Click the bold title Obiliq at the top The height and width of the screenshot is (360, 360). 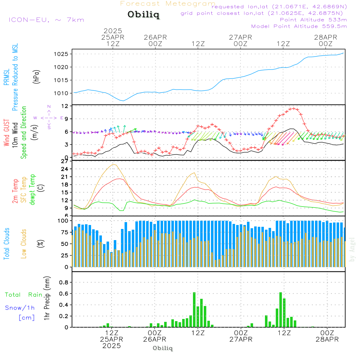pyautogui.click(x=143, y=15)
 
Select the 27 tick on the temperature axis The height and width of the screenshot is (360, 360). pyautogui.click(x=65, y=161)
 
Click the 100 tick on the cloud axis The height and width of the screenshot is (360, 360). pyautogui.click(x=63, y=220)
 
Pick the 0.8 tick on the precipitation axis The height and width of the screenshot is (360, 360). pyautogui.click(x=64, y=282)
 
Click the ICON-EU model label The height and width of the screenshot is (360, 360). pyautogui.click(x=46, y=20)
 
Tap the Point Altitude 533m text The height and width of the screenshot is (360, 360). pyautogui.click(x=313, y=20)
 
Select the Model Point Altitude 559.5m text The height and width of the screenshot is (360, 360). pyautogui.click(x=299, y=26)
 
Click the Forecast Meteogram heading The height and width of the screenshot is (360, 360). pyautogui.click(x=168, y=4)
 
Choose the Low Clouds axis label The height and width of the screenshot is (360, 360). pyautogui.click(x=24, y=244)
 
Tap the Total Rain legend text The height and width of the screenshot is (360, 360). pyautogui.click(x=24, y=294)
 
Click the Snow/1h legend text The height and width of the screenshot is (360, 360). pyautogui.click(x=20, y=308)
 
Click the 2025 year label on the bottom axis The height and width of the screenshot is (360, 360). pyautogui.click(x=112, y=346)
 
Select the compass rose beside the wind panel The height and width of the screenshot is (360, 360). pyautogui.click(x=49, y=117)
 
